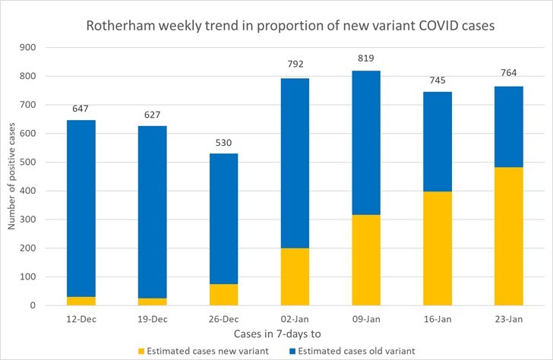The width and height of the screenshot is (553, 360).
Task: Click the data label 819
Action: tap(367, 58)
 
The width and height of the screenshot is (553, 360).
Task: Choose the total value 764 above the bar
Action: tap(509, 74)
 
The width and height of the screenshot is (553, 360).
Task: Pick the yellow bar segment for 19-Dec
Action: tap(153, 302)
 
